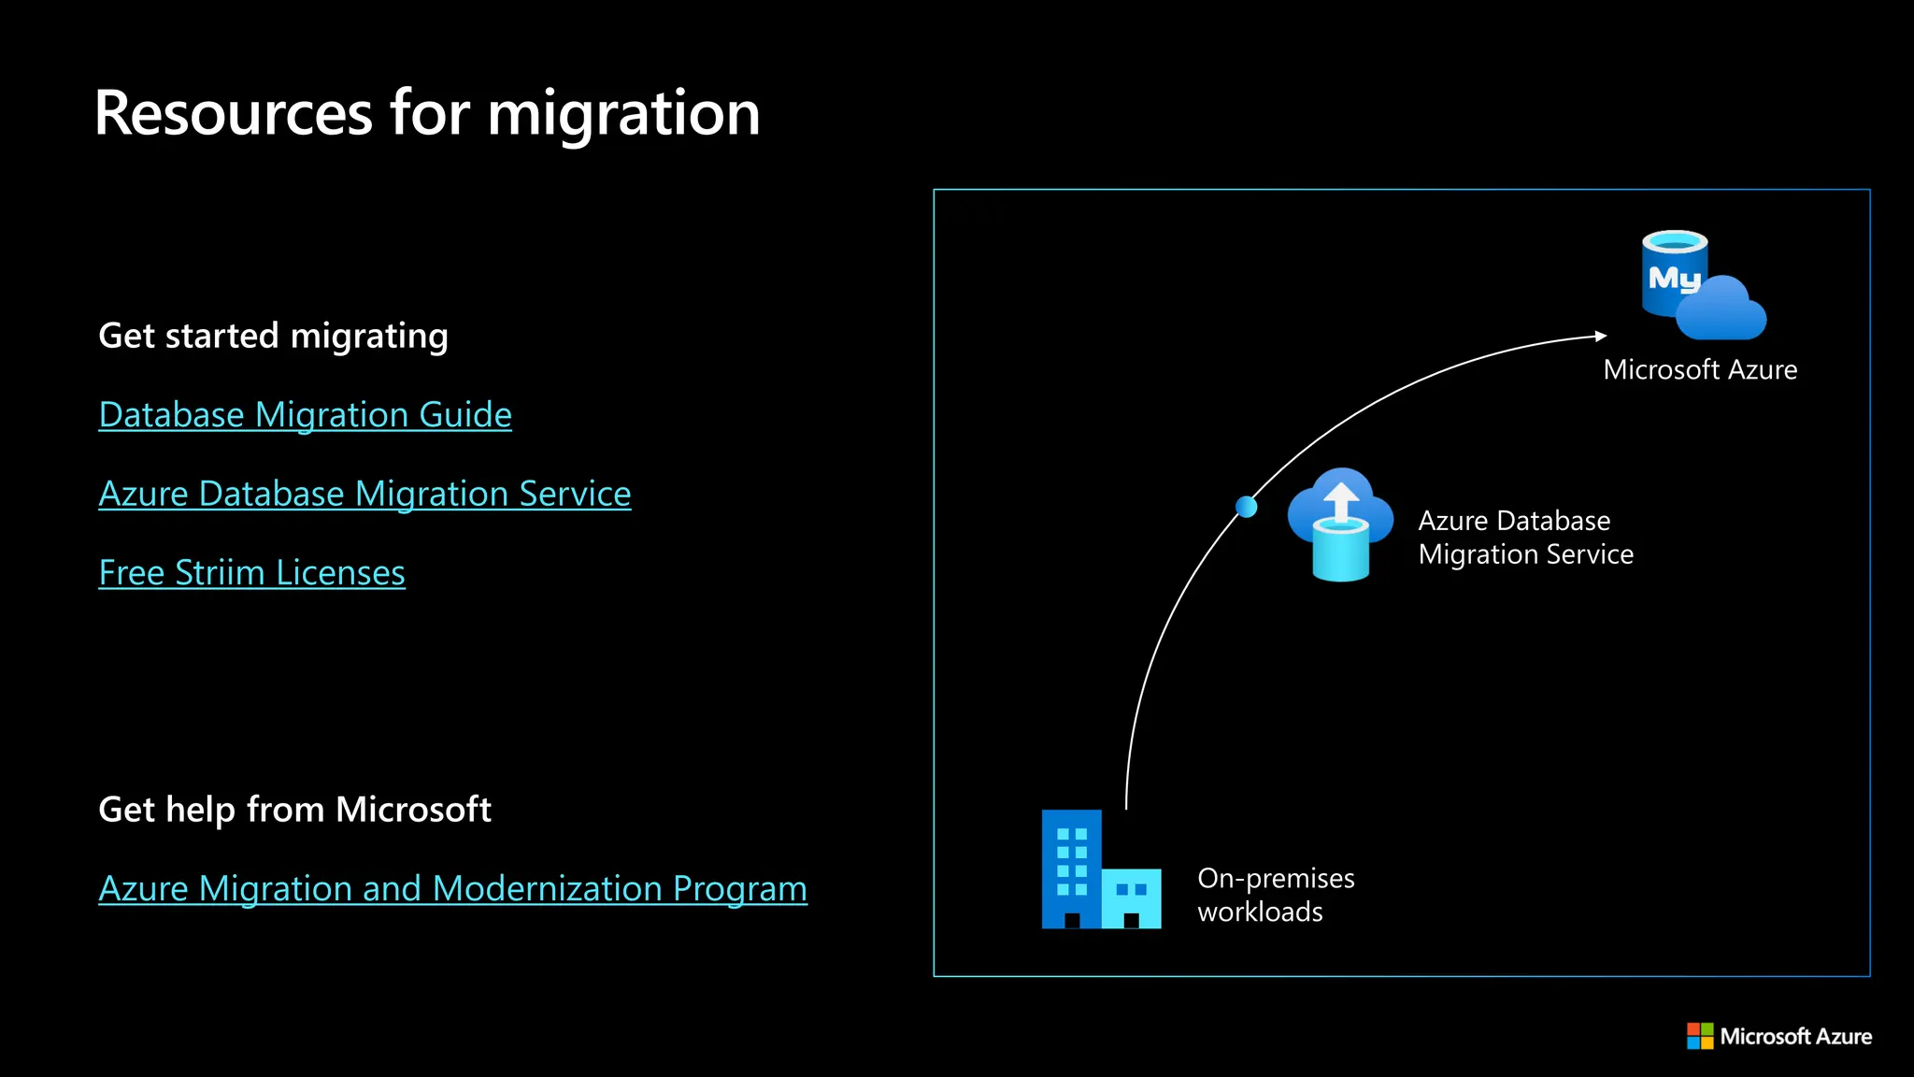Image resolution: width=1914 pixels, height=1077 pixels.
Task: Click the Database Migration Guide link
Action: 305,415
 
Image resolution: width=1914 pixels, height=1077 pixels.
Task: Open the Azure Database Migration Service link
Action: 364,494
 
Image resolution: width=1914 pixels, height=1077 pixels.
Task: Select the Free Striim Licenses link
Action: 251,573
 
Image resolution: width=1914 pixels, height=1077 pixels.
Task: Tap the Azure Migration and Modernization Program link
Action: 452,888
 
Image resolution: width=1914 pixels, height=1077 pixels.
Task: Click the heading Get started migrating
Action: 273,336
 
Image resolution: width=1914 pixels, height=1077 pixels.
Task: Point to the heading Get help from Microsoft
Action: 294,810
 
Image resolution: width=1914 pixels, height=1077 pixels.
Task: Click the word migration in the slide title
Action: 623,114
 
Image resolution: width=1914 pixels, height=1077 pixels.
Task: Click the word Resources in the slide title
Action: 234,114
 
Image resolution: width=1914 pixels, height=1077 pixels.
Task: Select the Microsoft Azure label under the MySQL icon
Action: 1700,370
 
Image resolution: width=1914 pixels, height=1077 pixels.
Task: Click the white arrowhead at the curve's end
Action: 1601,336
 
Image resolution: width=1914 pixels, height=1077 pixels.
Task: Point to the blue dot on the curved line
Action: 1246,507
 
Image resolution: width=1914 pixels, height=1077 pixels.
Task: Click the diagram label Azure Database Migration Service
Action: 1525,538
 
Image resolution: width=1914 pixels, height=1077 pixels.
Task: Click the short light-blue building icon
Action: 1132,897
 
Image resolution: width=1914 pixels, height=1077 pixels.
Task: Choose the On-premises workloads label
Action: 1275,895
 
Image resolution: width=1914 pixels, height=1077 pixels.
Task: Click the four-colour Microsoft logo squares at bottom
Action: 1699,1036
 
